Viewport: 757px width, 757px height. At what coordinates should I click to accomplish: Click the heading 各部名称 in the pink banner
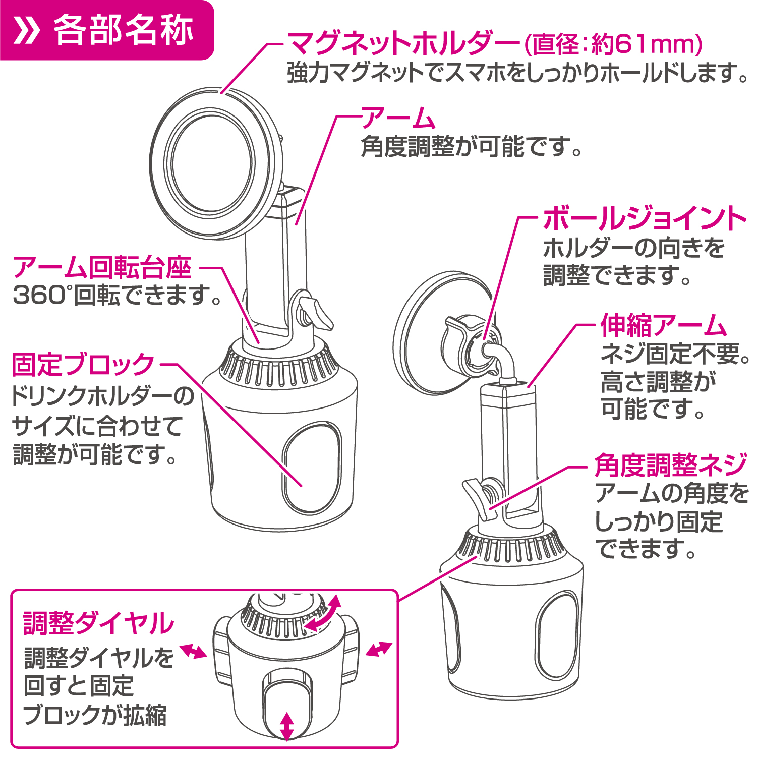123,30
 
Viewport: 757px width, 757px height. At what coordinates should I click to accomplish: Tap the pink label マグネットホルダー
403,44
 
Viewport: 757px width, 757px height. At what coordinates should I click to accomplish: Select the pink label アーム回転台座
102,267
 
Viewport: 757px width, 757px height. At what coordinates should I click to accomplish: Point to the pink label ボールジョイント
645,218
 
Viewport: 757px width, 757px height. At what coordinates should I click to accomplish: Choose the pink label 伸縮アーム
664,325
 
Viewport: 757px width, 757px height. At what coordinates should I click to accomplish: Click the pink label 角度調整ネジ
671,464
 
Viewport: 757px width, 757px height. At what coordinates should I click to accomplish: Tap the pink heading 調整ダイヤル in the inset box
99,623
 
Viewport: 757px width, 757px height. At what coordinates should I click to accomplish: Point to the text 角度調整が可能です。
472,147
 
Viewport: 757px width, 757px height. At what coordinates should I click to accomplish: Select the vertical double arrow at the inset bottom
286,726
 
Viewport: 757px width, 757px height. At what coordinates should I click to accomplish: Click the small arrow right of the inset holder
379,649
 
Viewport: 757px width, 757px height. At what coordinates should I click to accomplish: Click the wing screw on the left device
313,313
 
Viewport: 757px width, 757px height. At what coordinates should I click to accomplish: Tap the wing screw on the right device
480,497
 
